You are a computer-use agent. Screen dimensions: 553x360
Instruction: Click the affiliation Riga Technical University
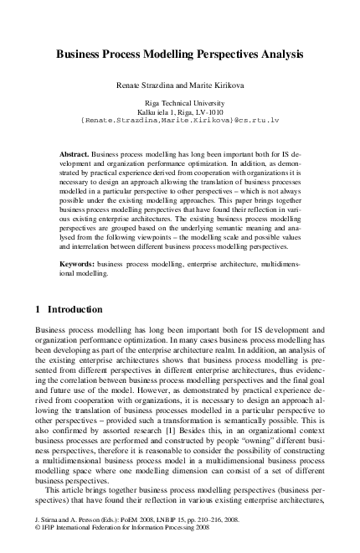coord(179,101)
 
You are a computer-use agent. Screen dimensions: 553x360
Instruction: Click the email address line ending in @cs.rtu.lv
coord(179,120)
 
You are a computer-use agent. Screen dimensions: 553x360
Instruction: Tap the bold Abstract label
coord(74,156)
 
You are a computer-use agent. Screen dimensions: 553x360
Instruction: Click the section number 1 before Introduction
coord(39,309)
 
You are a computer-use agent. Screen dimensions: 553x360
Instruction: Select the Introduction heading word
coord(75,309)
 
